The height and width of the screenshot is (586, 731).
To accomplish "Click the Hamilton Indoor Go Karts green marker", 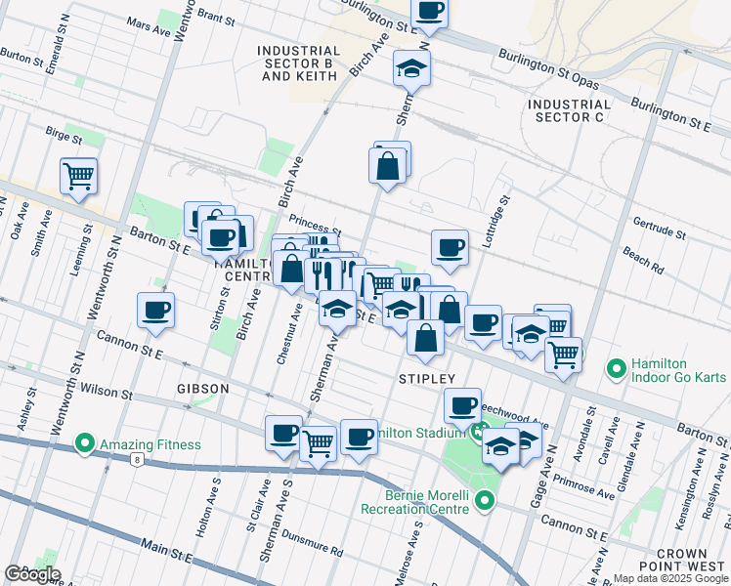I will [x=616, y=368].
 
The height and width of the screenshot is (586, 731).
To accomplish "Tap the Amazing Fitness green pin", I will [x=85, y=444].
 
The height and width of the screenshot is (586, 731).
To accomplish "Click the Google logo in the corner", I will [x=32, y=574].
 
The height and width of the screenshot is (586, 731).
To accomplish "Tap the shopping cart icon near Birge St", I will [x=78, y=177].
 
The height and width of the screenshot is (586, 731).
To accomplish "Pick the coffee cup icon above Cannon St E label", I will [x=155, y=311].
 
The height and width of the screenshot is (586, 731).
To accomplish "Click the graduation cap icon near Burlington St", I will [x=411, y=68].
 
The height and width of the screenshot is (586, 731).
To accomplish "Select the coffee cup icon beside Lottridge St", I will [x=450, y=247].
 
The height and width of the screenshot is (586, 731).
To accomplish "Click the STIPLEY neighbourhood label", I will [x=427, y=377].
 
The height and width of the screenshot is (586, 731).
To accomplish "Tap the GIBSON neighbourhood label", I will [x=203, y=389].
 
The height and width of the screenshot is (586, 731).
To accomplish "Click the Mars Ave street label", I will [x=149, y=28].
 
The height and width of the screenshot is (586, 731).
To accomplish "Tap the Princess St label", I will [x=313, y=223].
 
